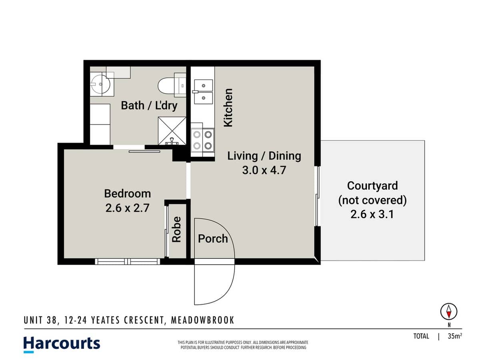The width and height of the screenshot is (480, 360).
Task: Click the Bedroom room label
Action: (127, 194)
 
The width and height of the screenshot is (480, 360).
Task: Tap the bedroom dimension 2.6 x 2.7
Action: (127, 208)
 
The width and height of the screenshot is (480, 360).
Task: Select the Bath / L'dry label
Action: (149, 106)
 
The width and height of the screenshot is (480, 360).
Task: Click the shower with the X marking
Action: (172, 131)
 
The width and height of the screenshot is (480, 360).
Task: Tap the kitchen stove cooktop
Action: (202, 140)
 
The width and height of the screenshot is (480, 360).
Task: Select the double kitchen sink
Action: (203, 91)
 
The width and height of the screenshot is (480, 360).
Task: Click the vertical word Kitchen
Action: (228, 108)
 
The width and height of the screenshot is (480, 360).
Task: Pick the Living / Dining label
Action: (264, 156)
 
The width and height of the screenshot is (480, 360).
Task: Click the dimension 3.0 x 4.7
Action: (264, 170)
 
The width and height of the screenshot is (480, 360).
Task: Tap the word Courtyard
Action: (372, 186)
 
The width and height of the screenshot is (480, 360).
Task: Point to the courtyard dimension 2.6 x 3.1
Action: (372, 214)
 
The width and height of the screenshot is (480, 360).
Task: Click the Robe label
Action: (176, 229)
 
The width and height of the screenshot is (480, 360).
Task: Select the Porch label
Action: (213, 239)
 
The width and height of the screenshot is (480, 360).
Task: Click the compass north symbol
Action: (449, 311)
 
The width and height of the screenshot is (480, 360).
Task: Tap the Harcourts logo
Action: (62, 344)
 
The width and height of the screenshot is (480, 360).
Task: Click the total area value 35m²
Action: (455, 336)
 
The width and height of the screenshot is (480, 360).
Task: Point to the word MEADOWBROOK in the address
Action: (202, 320)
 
